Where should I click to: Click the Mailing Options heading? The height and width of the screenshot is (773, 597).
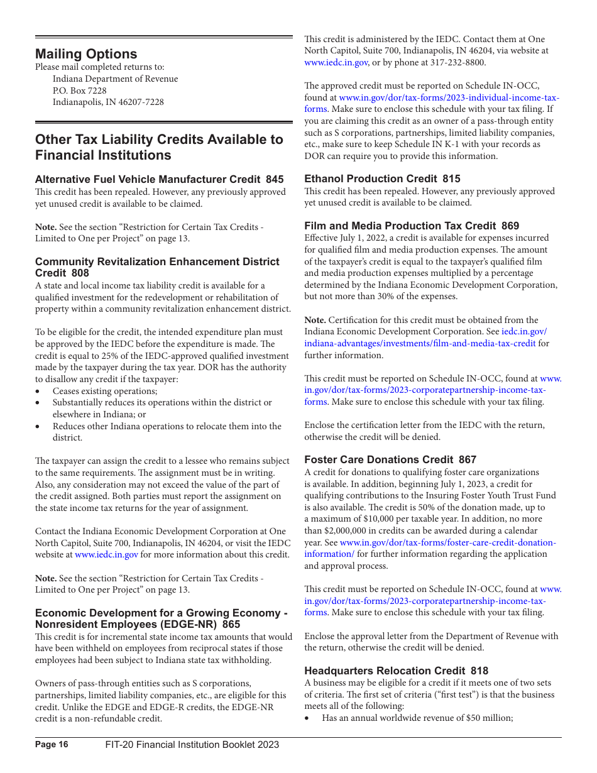pyautogui.click(x=86, y=54)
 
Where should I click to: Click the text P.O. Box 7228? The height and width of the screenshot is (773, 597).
pyautogui.click(x=79, y=90)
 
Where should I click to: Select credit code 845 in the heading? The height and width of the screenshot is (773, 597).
pyautogui.click(x=275, y=179)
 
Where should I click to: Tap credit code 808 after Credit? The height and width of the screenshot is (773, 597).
pyautogui.click(x=80, y=273)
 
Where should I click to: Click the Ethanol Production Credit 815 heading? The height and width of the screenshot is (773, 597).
pyautogui.click(x=382, y=178)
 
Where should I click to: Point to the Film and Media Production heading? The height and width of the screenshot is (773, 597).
pyautogui.click(x=412, y=226)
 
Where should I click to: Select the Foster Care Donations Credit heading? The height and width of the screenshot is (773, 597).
pyautogui.click(x=390, y=459)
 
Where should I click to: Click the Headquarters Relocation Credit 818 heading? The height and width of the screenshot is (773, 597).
pyautogui.click(x=396, y=671)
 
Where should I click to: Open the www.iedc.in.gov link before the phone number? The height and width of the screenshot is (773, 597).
pyautogui.click(x=336, y=62)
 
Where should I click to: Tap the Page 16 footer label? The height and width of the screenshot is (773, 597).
pyautogui.click(x=52, y=745)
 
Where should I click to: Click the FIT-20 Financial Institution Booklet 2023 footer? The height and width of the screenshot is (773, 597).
pyautogui.click(x=192, y=745)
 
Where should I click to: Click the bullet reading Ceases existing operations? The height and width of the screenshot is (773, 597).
pyautogui.click(x=96, y=391)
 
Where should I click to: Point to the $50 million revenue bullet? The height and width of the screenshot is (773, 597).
pyautogui.click(x=417, y=718)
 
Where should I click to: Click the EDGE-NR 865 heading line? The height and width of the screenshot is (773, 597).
pyautogui.click(x=137, y=624)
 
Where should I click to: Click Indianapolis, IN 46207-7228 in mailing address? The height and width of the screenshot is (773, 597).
pyautogui.click(x=108, y=102)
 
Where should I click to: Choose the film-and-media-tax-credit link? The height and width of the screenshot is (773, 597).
pyautogui.click(x=420, y=343)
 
